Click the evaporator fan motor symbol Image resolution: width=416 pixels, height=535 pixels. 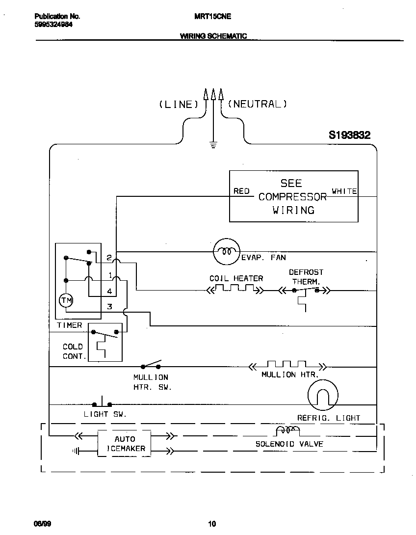[226, 251]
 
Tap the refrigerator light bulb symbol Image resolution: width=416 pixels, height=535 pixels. [323, 395]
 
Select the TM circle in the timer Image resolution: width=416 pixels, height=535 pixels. [65, 300]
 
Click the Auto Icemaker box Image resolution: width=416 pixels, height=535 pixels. [125, 444]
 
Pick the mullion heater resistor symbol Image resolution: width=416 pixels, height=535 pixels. [287, 366]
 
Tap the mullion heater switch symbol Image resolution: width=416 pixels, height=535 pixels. [151, 365]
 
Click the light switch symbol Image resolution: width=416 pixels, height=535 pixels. [102, 402]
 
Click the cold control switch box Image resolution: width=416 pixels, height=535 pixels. [104, 342]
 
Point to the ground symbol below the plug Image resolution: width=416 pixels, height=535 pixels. [213, 145]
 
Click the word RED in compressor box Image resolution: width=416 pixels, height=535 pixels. [241, 191]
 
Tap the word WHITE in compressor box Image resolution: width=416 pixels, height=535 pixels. [344, 191]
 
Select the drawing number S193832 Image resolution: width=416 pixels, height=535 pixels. [349, 135]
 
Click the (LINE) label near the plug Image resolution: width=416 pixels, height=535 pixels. [178, 104]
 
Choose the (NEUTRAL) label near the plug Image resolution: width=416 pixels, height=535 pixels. [258, 104]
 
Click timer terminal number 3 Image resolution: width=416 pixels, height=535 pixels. [110, 307]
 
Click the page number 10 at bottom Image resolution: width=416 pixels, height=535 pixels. [212, 524]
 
